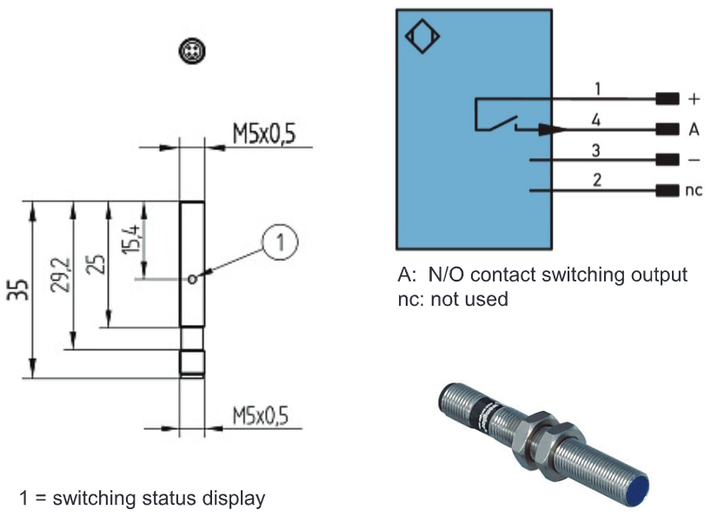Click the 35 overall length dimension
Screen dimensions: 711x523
click(x=17, y=289)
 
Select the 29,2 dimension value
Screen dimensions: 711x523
click(x=60, y=275)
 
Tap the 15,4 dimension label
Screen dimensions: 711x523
click(x=131, y=238)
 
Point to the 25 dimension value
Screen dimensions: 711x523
click(x=96, y=264)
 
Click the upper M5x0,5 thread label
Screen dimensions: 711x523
click(x=264, y=134)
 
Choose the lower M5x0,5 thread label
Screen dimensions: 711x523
click(x=260, y=415)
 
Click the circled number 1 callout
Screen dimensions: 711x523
click(x=280, y=242)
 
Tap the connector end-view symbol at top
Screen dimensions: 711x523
click(x=192, y=50)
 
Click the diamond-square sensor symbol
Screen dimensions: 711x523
click(x=422, y=36)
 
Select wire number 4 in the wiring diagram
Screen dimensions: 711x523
click(x=595, y=120)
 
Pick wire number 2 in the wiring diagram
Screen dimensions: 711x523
click(x=597, y=180)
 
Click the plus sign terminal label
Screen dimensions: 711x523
click(x=694, y=99)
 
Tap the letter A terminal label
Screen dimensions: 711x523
click(x=694, y=129)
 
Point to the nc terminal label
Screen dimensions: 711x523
click(x=694, y=190)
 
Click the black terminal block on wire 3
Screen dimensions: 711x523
click(x=668, y=160)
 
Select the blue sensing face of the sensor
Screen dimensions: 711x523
click(x=640, y=488)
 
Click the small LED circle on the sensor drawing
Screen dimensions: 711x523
click(x=192, y=279)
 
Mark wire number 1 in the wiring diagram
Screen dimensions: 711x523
click(x=598, y=89)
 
